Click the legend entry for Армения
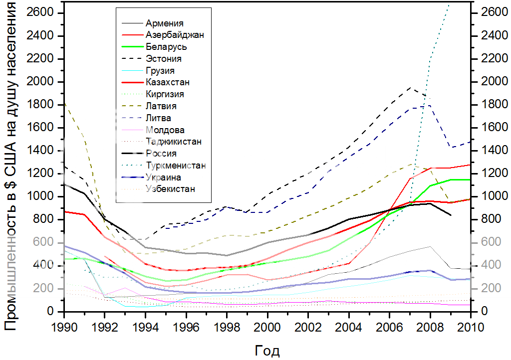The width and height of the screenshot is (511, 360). tap(165, 23)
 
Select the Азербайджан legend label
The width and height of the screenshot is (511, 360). tap(175, 35)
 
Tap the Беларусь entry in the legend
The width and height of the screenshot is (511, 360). tap(167, 47)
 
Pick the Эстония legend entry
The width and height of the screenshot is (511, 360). tap(164, 59)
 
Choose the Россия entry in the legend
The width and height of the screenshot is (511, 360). tap(162, 154)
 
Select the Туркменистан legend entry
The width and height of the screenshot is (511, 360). tap(176, 165)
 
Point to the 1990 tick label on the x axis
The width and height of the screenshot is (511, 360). tap(64, 328)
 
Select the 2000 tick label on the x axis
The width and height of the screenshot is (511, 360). tap(266, 328)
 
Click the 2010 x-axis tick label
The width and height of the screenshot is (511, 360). tap(470, 328)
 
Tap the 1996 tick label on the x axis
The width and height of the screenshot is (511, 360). tap(186, 328)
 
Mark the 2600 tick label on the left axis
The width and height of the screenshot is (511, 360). tap(44, 13)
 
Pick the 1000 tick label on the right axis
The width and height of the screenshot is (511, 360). tap(490, 197)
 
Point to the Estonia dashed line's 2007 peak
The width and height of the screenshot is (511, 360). tap(410, 87)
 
